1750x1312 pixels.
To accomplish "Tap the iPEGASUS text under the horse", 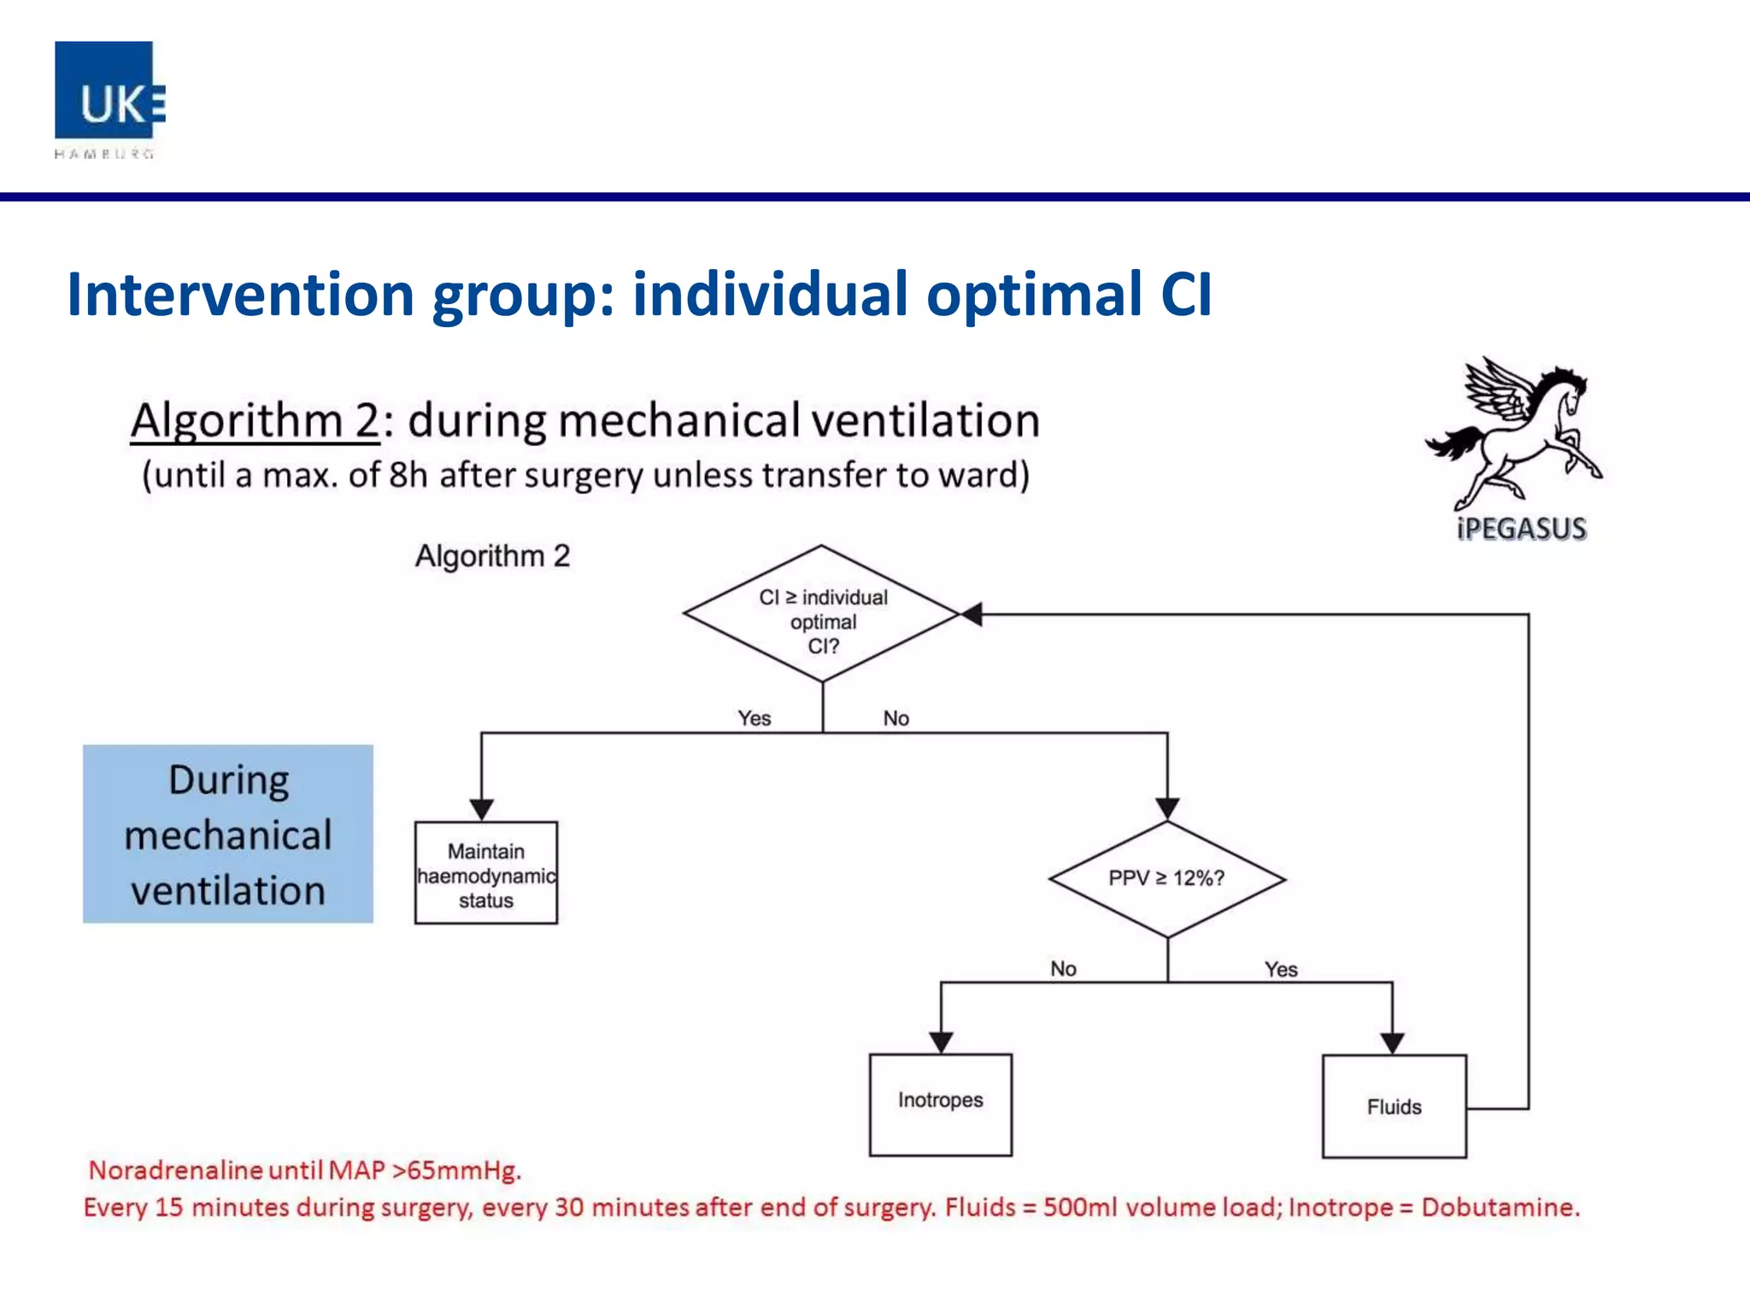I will click(1521, 529).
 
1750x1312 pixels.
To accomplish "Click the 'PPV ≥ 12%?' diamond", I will click(1166, 879).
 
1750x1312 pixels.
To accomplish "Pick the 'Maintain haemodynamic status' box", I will click(485, 873).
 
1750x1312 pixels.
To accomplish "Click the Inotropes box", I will click(940, 1104).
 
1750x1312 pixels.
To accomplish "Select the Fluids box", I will click(1394, 1107).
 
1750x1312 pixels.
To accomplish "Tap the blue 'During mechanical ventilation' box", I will click(228, 835).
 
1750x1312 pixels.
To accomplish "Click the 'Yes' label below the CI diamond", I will click(755, 718).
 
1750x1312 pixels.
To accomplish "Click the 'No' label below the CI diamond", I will click(896, 718).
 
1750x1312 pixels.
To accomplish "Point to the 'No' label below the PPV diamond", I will click(1063, 969).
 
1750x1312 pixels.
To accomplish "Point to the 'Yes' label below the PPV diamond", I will click(1280, 969).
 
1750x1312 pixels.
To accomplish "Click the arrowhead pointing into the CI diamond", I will click(972, 614).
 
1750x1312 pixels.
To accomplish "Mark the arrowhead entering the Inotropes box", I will click(941, 1042).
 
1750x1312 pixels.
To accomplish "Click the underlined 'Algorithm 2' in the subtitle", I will click(255, 421).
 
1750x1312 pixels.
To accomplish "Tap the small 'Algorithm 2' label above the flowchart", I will click(492, 556).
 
